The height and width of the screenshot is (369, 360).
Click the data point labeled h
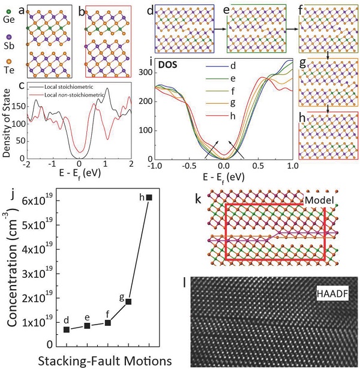(x=149, y=197)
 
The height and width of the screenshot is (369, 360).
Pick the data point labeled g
(x=128, y=302)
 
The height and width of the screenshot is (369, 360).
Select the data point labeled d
(x=67, y=329)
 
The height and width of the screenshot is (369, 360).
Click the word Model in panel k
(x=314, y=201)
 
